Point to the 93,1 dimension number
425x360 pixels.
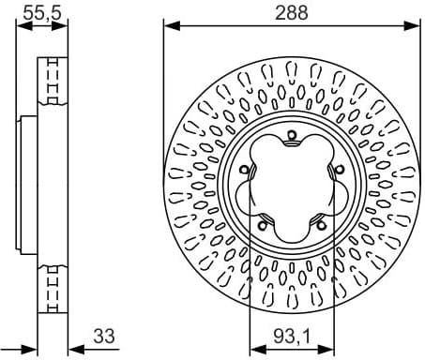(x=292, y=334)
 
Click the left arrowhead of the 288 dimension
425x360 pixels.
(x=169, y=25)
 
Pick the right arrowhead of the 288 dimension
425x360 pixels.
(x=414, y=25)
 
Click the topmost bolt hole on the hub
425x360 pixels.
(x=292, y=138)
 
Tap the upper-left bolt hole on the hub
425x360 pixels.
(x=247, y=170)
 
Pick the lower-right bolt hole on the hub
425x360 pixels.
(x=319, y=222)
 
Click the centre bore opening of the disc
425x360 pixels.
(x=291, y=186)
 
